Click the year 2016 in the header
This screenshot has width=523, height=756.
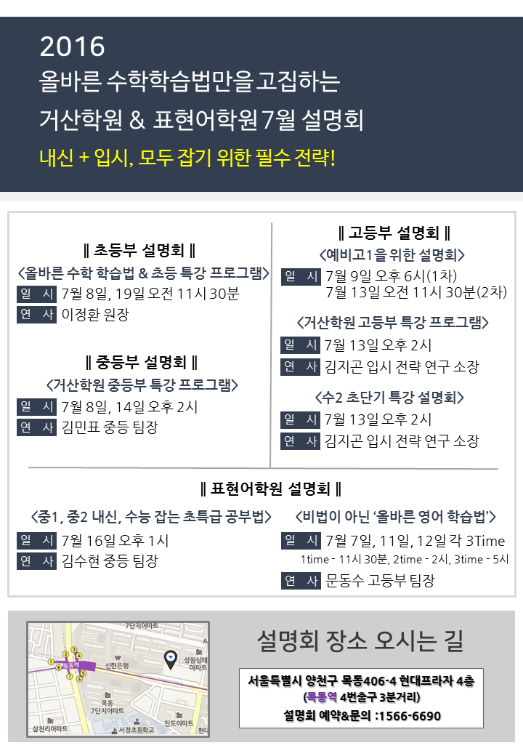pos(72,47)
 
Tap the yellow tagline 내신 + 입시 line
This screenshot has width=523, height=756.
pos(187,157)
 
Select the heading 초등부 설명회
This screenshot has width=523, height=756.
pos(139,250)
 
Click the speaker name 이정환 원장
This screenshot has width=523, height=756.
pos(95,314)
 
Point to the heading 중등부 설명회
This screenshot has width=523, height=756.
pos(142,362)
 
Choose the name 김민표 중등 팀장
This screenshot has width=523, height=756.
pos(110,427)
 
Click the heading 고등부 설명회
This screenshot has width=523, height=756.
pos(394,233)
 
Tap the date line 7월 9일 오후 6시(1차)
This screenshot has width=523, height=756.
pos(391,276)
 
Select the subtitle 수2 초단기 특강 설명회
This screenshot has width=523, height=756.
pos(389,398)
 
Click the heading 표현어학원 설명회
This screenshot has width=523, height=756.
pos(271,489)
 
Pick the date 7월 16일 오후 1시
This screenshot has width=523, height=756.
pos(115,541)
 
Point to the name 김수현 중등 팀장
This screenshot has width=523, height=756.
pos(110,560)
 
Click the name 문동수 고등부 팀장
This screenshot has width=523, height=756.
pos(380,580)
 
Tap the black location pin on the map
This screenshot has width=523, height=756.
pos(171,659)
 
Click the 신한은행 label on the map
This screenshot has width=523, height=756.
pos(117,666)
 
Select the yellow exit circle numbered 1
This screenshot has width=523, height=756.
pos(51,662)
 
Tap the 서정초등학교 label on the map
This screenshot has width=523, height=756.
pos(137,730)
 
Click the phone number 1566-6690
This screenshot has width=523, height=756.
pos(410,716)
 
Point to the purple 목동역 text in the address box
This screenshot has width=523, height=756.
pos(322,697)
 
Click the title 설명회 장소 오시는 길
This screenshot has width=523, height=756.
pos(360,640)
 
